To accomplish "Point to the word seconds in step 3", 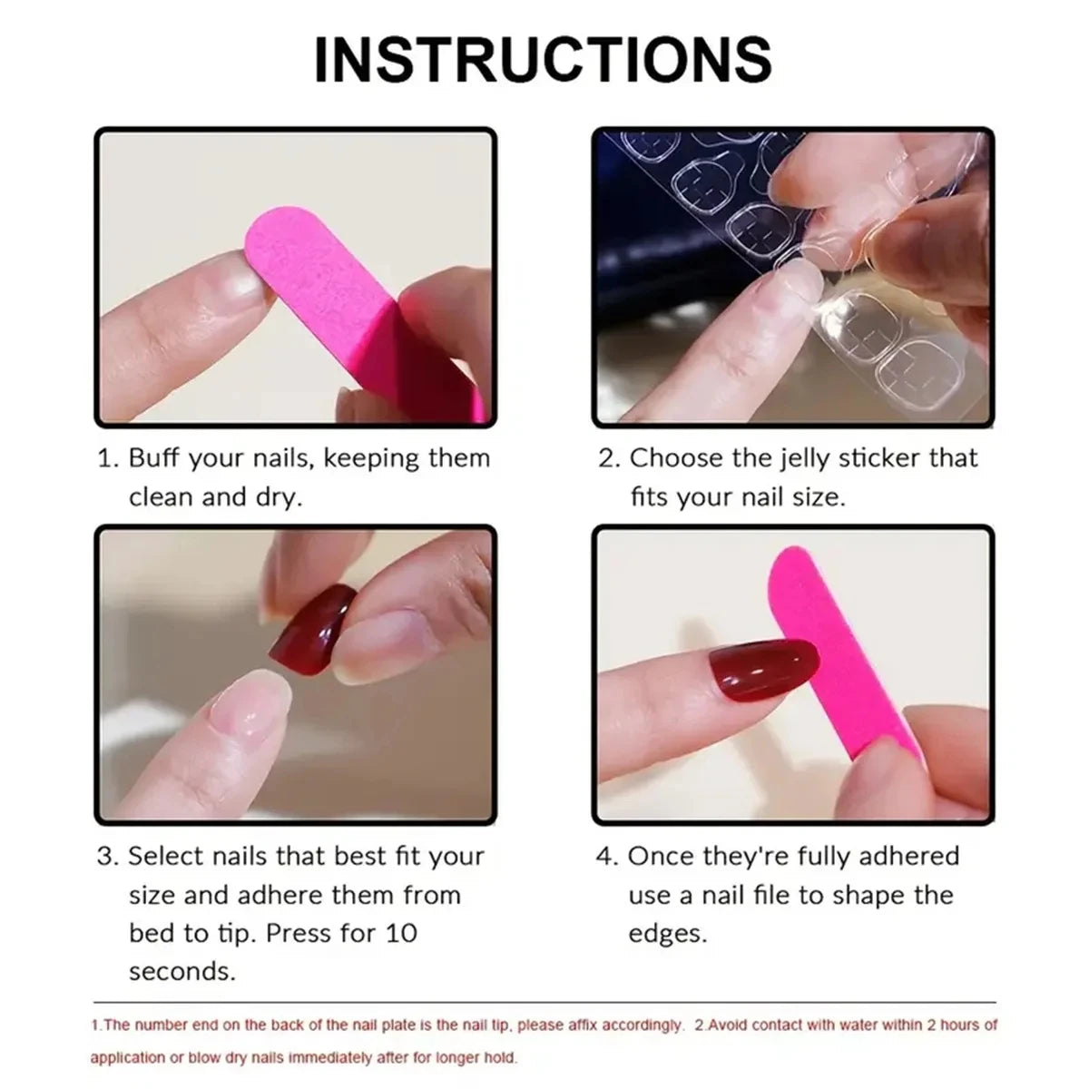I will [181, 972].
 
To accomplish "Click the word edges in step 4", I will [667, 934].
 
